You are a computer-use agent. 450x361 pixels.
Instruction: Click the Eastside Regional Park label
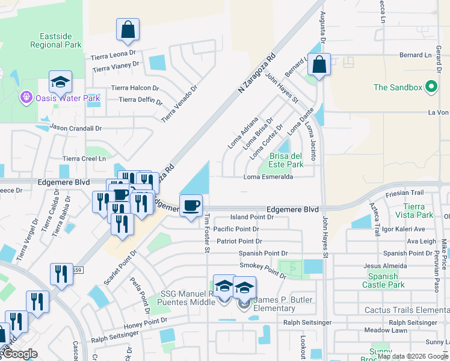pos(55,40)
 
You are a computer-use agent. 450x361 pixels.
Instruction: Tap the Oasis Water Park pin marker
pos(26,96)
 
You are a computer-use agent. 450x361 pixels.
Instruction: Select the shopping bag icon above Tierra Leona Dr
pos(128,29)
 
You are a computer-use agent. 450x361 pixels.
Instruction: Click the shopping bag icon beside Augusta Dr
pos(320,64)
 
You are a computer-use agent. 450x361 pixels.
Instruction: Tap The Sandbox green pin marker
pos(431,87)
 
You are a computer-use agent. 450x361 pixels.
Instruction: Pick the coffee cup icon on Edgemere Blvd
pos(191,206)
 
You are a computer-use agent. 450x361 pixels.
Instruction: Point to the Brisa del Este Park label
pos(286,160)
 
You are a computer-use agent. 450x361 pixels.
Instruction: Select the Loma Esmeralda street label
pos(268,177)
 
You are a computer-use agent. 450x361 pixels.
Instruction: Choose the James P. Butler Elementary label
pos(274,304)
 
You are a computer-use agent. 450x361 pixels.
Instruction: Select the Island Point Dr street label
pos(252,217)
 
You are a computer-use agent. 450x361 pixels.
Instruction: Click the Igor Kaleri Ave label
pos(402,229)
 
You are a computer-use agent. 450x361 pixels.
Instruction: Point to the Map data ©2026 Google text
pos(413,356)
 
